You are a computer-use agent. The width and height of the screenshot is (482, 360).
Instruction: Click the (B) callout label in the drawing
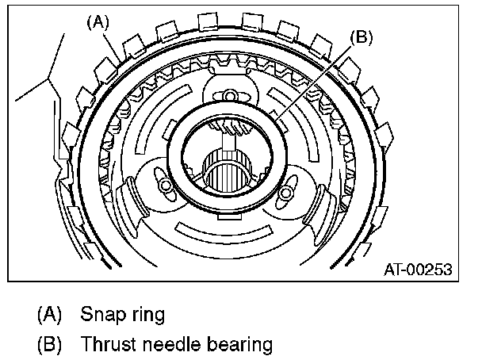click(361, 37)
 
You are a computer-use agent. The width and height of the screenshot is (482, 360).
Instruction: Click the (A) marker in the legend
click(50, 314)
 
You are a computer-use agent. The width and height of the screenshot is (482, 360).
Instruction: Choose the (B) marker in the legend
click(50, 345)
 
